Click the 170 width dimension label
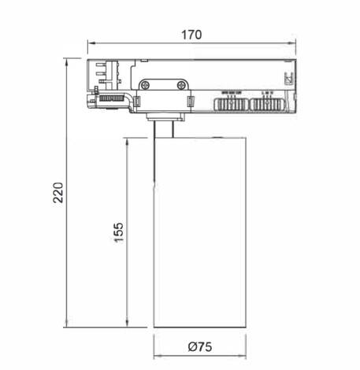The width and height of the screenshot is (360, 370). point(191,34)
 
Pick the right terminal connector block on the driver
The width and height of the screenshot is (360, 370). point(266,103)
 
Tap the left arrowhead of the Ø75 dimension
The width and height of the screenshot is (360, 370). point(156,355)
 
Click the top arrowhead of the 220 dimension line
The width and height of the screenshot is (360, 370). point(68,60)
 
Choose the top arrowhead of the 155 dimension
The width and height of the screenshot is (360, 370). point(128,139)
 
